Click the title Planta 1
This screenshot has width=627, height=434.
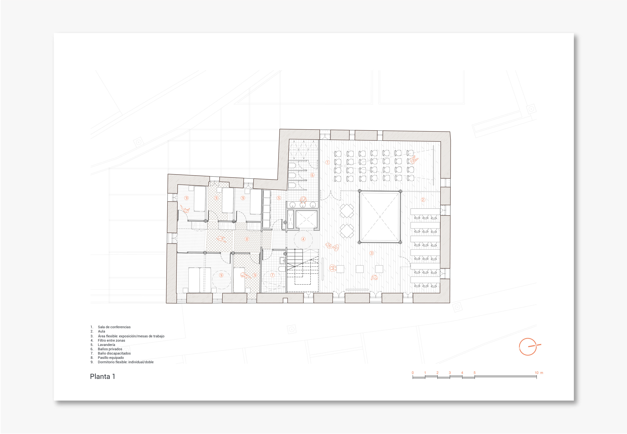point(103,376)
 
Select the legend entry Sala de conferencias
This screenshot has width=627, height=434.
point(114,327)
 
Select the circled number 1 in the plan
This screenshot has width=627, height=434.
point(328,162)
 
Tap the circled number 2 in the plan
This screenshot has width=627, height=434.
point(423,200)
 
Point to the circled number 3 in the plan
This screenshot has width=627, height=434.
point(372,253)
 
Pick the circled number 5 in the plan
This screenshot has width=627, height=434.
point(279,198)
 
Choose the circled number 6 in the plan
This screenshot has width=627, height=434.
point(312,175)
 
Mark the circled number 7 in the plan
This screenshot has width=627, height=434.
point(272,275)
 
